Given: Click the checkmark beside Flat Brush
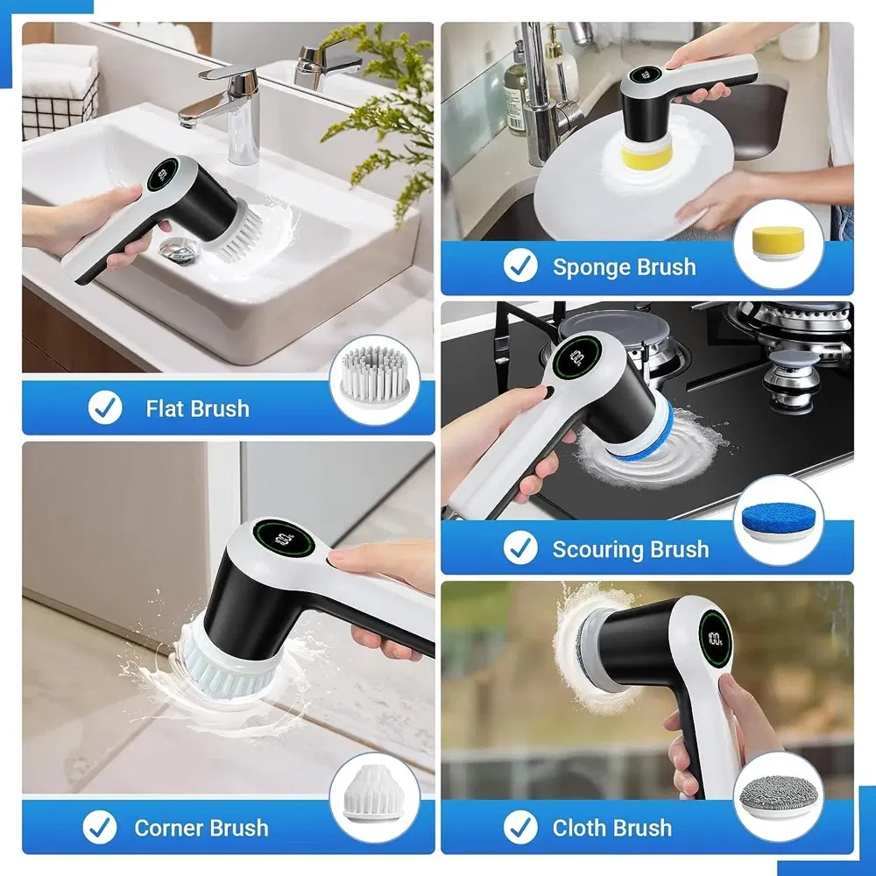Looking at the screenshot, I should pyautogui.click(x=105, y=408).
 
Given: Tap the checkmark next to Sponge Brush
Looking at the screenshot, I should pyautogui.click(x=520, y=267).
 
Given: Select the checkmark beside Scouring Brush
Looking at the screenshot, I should pyautogui.click(x=520, y=549).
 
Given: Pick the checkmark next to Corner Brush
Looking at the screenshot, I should pyautogui.click(x=100, y=827).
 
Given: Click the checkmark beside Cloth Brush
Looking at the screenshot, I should pyautogui.click(x=520, y=827).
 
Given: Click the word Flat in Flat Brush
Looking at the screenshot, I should pyautogui.click(x=166, y=408).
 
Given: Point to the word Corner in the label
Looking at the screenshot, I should pyautogui.click(x=170, y=827).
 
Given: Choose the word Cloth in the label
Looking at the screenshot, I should pyautogui.click(x=581, y=827).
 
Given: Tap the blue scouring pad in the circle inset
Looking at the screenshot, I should pyautogui.click(x=779, y=521).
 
